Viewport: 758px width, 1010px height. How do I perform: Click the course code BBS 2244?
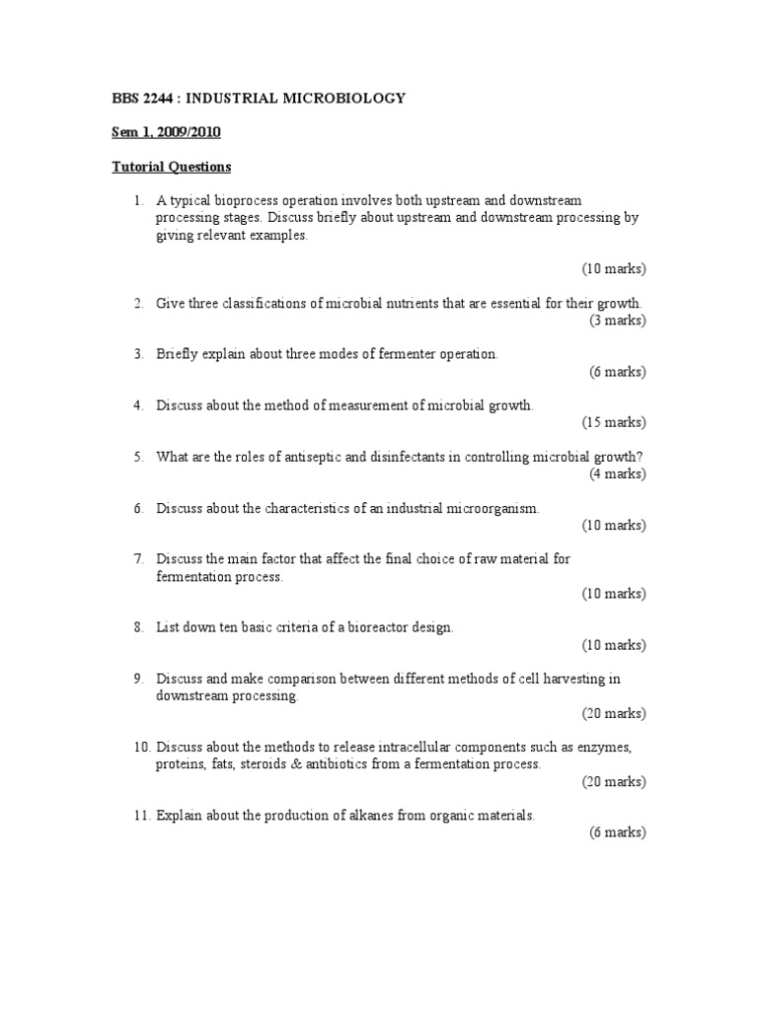tap(142, 99)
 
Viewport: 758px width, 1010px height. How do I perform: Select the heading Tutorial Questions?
tap(171, 167)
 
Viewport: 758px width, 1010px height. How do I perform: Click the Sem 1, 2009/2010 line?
tap(165, 132)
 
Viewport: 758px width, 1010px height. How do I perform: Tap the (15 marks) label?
tap(613, 422)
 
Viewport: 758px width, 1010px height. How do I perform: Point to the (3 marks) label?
tap(616, 320)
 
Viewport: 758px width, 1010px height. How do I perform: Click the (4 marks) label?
tap(616, 473)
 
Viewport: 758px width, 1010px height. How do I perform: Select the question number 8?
tap(139, 627)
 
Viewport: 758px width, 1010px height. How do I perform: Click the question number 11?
tap(142, 816)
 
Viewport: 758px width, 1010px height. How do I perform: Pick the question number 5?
tap(139, 457)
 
